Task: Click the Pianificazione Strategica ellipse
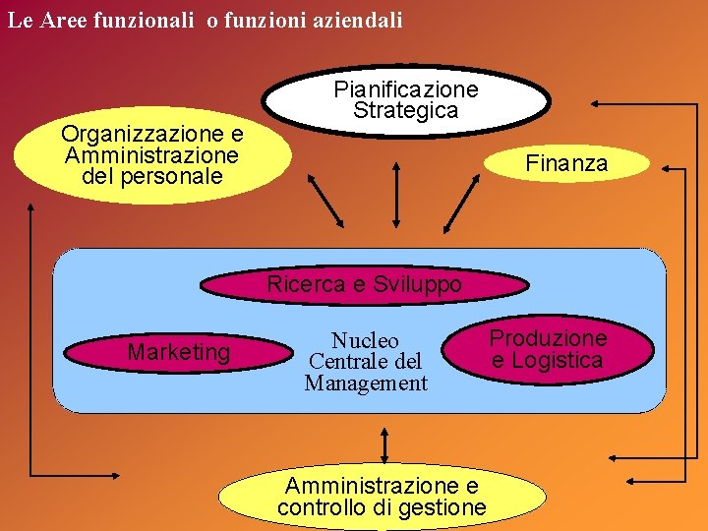pyautogui.click(x=406, y=100)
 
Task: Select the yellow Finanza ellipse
pyautogui.click(x=566, y=164)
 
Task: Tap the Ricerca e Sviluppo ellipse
pyautogui.click(x=364, y=285)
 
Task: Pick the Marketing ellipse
pyautogui.click(x=179, y=352)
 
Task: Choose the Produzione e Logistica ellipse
pyautogui.click(x=548, y=349)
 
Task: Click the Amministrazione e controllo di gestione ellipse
pyautogui.click(x=382, y=497)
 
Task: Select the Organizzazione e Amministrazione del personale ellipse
pyautogui.click(x=152, y=155)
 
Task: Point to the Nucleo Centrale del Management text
pyautogui.click(x=366, y=362)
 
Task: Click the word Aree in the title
pyautogui.click(x=64, y=20)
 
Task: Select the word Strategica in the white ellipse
pyautogui.click(x=406, y=111)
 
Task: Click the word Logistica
pyautogui.click(x=557, y=361)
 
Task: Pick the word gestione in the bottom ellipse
pyautogui.click(x=441, y=507)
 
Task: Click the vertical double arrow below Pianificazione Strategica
pyautogui.click(x=395, y=195)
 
